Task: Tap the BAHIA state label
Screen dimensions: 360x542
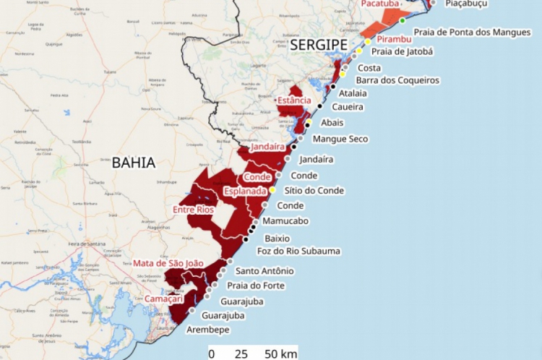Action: pyautogui.click(x=134, y=163)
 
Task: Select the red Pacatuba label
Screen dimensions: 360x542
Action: pyautogui.click(x=380, y=4)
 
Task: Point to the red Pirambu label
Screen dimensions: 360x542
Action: pyautogui.click(x=394, y=38)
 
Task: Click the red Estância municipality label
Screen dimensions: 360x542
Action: pyautogui.click(x=294, y=100)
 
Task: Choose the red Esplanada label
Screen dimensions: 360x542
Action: pyautogui.click(x=246, y=192)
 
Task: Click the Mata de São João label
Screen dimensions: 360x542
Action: pyautogui.click(x=168, y=264)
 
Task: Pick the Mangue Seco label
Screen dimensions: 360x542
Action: pyautogui.click(x=340, y=139)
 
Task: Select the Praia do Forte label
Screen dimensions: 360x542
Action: pyautogui.click(x=256, y=286)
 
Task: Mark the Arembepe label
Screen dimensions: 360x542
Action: pyautogui.click(x=209, y=330)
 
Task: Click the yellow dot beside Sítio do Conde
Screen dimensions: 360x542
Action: pyautogui.click(x=272, y=189)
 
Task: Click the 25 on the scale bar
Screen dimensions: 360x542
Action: pyautogui.click(x=241, y=354)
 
